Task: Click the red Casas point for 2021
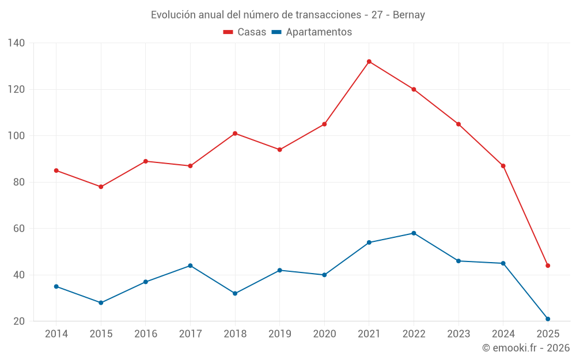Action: tap(369, 62)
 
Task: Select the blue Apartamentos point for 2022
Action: tap(414, 233)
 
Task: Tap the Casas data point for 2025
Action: tap(548, 266)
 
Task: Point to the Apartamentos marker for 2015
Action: tap(101, 302)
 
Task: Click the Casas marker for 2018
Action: tap(235, 134)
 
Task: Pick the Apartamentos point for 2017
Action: tap(190, 266)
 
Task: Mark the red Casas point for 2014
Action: tap(56, 170)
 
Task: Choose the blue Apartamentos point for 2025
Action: tap(548, 319)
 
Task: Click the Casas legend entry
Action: tap(245, 32)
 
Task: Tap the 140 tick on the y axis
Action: tap(17, 43)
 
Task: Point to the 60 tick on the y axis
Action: tap(19, 229)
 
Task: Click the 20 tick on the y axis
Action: tap(19, 321)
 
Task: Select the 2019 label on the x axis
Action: tap(279, 334)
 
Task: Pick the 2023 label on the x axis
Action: tap(458, 334)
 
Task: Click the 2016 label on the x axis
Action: tap(145, 334)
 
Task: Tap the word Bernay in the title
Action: tap(409, 15)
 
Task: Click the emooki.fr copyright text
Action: tap(525, 348)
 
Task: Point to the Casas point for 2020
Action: tap(324, 124)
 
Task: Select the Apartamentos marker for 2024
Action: tap(503, 263)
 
